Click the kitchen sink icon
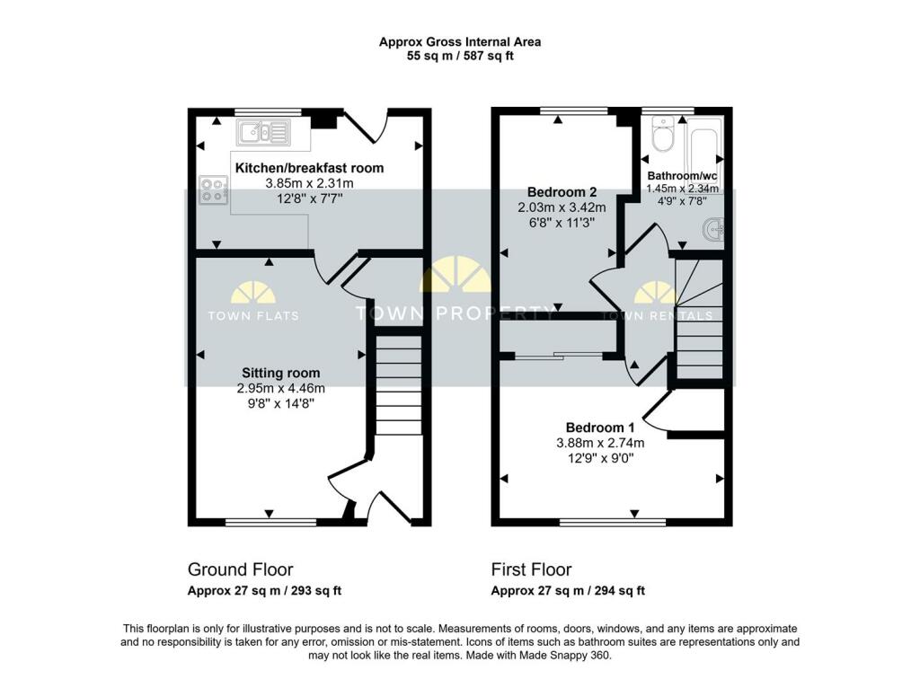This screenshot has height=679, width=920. (x=263, y=134)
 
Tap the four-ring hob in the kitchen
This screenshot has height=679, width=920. (x=214, y=190)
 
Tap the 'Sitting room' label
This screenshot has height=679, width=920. (x=280, y=373)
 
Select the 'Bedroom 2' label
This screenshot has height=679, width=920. (x=562, y=192)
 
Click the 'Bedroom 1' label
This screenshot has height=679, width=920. (x=600, y=427)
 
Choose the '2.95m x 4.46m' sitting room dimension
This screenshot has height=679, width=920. (x=280, y=388)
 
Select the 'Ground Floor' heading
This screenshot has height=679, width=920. (x=240, y=569)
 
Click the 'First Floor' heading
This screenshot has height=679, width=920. (x=531, y=569)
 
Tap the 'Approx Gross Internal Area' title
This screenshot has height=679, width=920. (x=459, y=41)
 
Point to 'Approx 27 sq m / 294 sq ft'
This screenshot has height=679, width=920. (x=568, y=591)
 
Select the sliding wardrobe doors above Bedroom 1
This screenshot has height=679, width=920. (x=559, y=356)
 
